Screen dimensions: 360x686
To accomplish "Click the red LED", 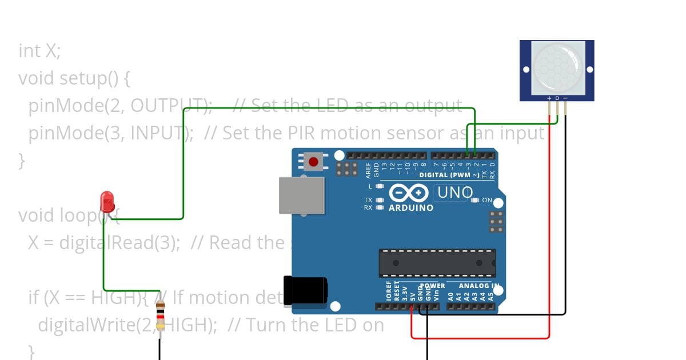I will click(x=107, y=202).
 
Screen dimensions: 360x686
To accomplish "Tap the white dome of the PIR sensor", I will click(x=557, y=67).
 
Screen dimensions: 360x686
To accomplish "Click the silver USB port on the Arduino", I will click(x=301, y=195).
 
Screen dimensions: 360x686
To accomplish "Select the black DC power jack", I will click(x=306, y=290).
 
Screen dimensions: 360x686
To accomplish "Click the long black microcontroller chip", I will click(x=437, y=263).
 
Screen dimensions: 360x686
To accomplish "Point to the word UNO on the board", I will click(x=455, y=193).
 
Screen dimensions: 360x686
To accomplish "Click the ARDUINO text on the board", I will click(x=410, y=208).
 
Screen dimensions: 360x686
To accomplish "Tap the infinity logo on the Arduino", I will click(x=409, y=194).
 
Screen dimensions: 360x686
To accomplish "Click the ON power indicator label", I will click(x=487, y=201).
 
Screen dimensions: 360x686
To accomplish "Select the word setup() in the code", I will click(x=90, y=78).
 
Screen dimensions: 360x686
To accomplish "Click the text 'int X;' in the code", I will click(x=39, y=51).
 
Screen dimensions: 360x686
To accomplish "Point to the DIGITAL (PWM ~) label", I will click(x=449, y=175).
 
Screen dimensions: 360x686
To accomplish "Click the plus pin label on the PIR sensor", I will click(x=549, y=98).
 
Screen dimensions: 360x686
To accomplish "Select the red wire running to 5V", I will click(x=480, y=338).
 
